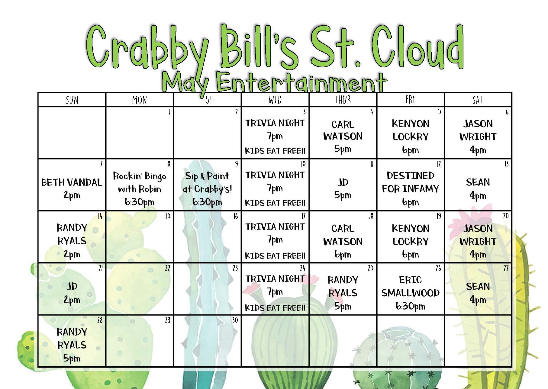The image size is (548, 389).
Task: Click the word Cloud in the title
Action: (417, 47)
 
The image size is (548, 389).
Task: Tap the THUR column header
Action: (343, 100)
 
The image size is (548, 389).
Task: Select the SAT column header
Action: (478, 100)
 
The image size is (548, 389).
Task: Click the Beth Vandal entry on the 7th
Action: (72, 188)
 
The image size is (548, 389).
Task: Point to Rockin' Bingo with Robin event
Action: (140, 189)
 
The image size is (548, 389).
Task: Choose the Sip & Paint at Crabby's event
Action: (207, 189)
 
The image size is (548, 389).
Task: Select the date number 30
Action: (235, 320)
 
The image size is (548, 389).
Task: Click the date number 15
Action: (168, 216)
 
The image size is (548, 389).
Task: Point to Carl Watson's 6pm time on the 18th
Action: (343, 255)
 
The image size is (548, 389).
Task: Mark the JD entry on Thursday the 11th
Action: (343, 182)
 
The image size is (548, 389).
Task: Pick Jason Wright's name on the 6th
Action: (478, 130)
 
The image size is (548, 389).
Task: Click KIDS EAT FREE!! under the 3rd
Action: (275, 151)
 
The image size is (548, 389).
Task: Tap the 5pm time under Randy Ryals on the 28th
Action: (72, 358)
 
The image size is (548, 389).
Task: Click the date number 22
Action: (167, 268)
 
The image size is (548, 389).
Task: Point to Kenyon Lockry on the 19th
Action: (410, 235)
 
